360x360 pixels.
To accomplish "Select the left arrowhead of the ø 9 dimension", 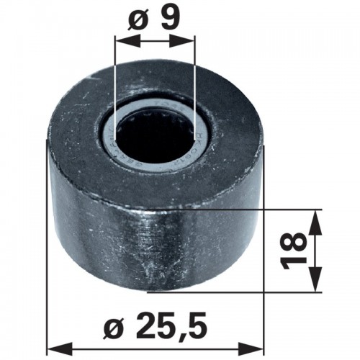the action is tap(127, 41).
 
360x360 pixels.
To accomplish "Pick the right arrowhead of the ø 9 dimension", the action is tap(181, 41).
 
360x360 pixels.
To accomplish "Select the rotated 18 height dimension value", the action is tap(294, 251).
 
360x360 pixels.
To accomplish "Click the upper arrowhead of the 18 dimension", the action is tap(315, 222).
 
